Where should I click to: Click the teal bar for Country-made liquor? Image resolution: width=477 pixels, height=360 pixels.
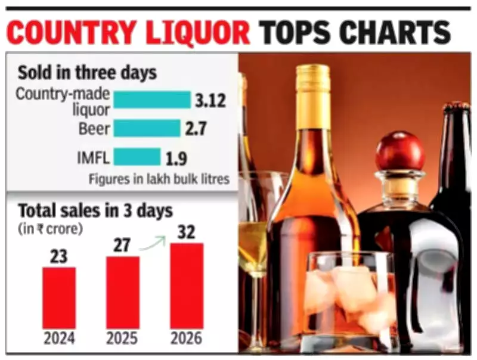pos(151,100)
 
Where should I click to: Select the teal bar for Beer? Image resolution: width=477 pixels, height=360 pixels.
pos(147,128)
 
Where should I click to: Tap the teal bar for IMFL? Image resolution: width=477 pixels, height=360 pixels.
pos(137,157)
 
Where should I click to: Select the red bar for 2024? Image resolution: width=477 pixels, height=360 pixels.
pos(58,297)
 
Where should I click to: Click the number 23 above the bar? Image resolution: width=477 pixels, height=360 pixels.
pos(58,256)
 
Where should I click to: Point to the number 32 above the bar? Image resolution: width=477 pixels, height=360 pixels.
pos(187,231)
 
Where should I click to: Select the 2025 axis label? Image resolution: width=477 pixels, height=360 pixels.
pos(123,339)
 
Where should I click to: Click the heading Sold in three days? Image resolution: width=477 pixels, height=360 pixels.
pos(87,73)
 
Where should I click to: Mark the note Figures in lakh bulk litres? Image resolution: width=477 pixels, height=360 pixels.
pos(159,179)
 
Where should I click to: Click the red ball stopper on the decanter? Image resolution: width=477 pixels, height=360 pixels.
pos(400,151)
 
